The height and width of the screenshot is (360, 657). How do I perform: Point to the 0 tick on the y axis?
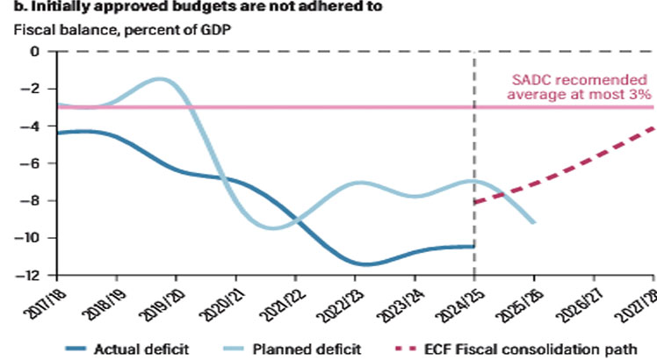36,51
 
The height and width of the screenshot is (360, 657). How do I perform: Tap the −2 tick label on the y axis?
32,89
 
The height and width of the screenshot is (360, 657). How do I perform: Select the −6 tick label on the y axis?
32,163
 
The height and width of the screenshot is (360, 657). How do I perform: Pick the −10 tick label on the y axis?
30,238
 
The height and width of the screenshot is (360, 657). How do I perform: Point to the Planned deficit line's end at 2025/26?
534,222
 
